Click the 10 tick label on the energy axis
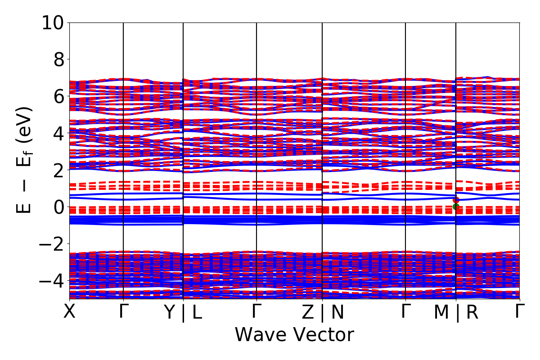[x=53, y=22]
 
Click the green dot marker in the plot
[x=456, y=207]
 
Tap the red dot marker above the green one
[x=456, y=200]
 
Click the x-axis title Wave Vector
[x=294, y=335]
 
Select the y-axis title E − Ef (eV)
[x=25, y=160]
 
